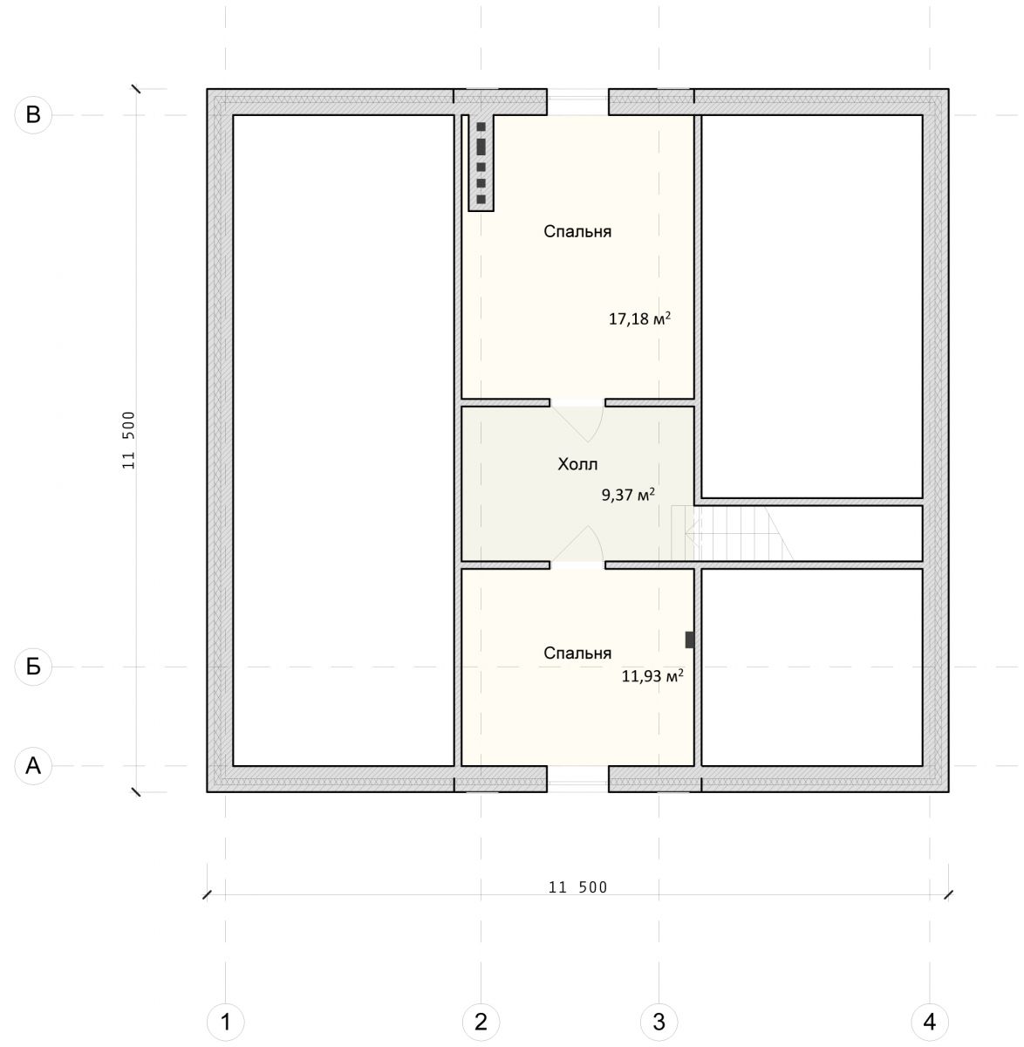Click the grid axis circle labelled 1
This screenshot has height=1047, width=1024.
coord(226,1021)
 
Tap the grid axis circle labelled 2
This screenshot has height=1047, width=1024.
coord(481,1021)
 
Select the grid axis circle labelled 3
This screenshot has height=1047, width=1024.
coord(659,1021)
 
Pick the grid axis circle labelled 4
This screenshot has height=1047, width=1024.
coord(930,1021)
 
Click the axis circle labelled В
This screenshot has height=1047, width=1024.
coord(33,114)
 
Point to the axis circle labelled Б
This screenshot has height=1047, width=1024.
coord(33,667)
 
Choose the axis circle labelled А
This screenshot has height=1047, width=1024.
coord(33,765)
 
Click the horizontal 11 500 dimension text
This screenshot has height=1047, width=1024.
coord(577,887)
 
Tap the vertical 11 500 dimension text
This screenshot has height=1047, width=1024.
coord(128,440)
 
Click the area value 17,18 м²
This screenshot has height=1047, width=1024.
coord(639,318)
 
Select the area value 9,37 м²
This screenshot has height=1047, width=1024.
coord(628,494)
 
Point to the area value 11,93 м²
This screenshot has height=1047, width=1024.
coord(652,675)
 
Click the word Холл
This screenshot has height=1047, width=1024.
coord(577,464)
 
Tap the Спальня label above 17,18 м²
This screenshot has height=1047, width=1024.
coord(577,231)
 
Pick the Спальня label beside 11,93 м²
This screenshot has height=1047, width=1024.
coord(577,653)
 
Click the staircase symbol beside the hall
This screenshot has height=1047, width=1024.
coord(732,532)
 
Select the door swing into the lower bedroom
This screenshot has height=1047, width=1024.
coord(578,544)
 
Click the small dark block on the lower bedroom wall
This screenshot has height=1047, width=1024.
coord(689,640)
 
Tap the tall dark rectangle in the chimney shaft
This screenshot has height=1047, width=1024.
coord(481,147)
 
